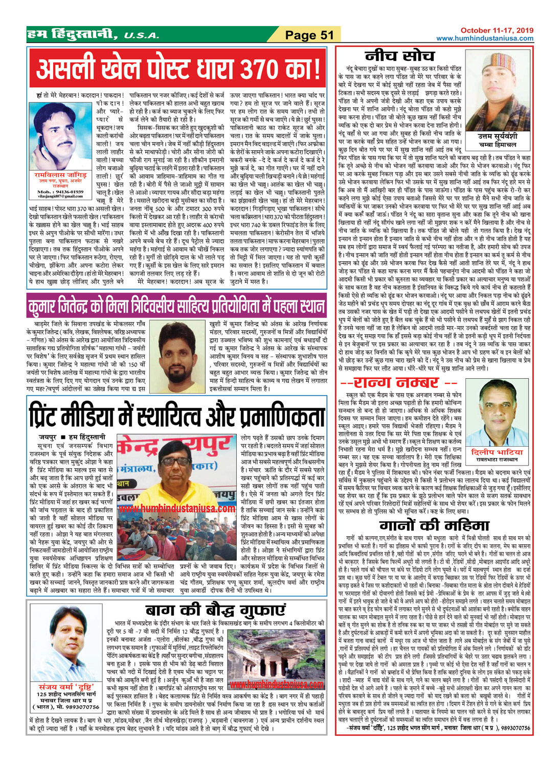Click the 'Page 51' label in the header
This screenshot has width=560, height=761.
[x=309, y=35]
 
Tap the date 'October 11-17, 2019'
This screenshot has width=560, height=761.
[x=497, y=31]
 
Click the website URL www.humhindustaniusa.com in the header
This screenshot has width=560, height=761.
[x=484, y=38]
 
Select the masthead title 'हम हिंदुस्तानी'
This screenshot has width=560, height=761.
[x=72, y=35]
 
